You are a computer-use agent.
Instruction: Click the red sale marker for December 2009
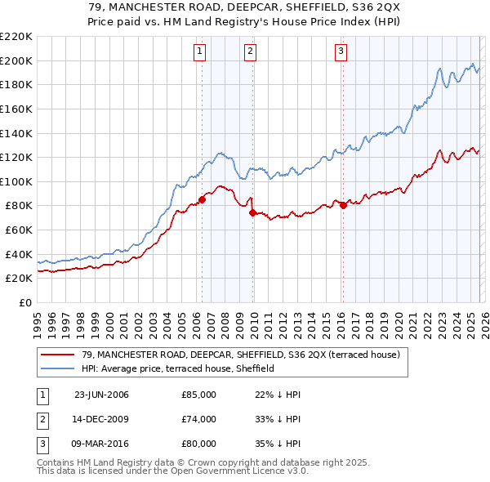(252, 213)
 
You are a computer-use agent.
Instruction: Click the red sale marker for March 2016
(342, 206)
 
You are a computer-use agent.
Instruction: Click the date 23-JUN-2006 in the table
(101, 395)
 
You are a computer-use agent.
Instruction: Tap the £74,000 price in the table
(198, 419)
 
